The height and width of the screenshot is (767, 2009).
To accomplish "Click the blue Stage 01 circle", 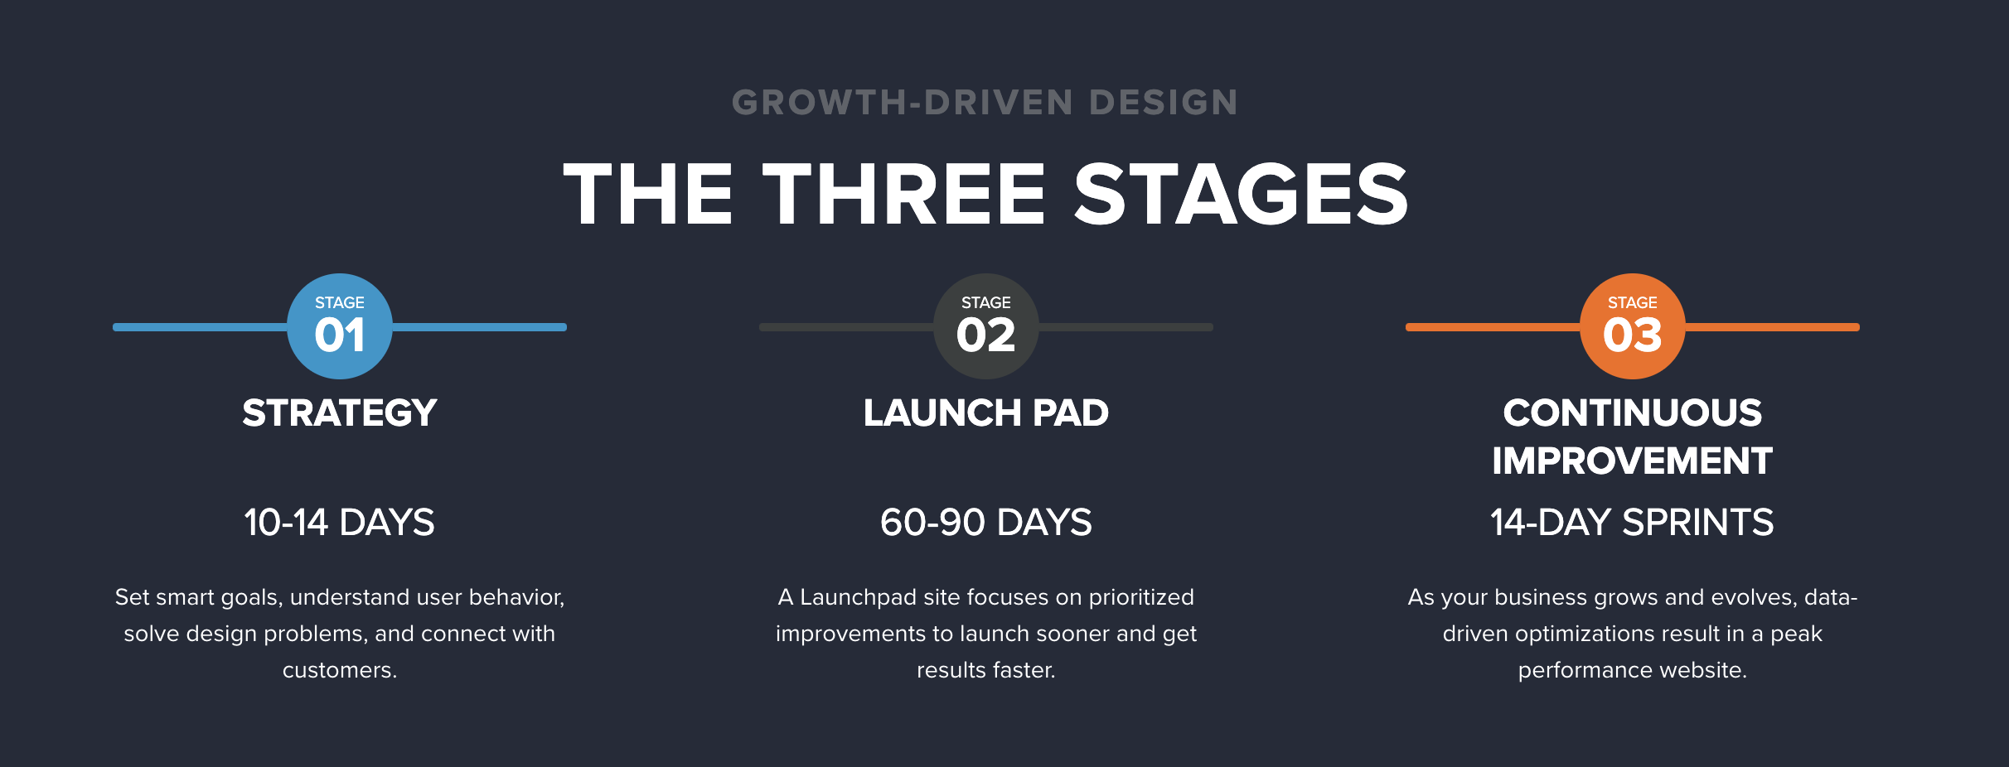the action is (x=340, y=326).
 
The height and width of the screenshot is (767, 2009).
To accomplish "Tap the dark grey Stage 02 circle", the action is (x=986, y=326).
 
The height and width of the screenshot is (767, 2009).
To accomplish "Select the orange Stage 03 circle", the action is (x=1633, y=326).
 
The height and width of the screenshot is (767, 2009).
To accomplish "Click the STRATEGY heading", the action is (x=340, y=413).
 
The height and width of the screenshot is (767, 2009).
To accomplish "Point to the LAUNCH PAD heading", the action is (x=986, y=413).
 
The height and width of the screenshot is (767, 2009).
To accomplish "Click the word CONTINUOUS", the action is (x=1633, y=413).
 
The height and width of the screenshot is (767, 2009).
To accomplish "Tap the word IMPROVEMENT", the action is (x=1633, y=461).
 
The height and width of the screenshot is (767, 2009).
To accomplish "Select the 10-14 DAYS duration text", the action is (x=340, y=523).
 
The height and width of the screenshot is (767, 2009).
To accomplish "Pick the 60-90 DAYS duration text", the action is (x=986, y=523).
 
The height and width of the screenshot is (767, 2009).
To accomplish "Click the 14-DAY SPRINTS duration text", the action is (x=1633, y=523).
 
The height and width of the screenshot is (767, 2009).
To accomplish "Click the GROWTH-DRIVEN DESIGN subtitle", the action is (x=985, y=103).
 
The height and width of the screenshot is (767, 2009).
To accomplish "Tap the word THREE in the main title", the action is (x=904, y=194).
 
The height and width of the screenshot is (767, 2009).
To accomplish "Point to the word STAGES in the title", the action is (x=1242, y=194).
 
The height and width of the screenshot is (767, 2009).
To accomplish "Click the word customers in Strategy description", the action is (x=340, y=670).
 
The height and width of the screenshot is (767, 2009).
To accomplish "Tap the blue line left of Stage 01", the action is (x=201, y=327).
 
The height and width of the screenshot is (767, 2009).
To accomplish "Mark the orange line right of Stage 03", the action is (x=1772, y=327).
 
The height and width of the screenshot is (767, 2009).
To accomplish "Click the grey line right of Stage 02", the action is (x=1126, y=327).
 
